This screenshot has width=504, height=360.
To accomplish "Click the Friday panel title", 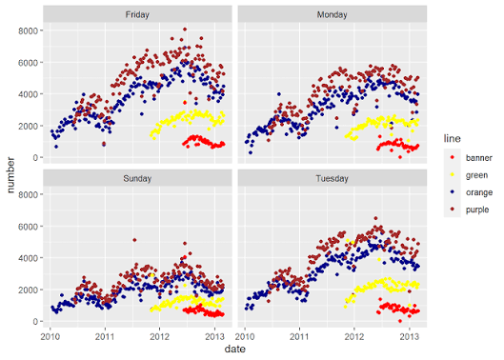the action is coord(137,15).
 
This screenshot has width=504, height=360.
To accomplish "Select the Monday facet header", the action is coord(333,15).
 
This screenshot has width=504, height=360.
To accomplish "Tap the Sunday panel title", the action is coord(137,178).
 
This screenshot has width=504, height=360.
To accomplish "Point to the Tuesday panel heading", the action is coord(333,178).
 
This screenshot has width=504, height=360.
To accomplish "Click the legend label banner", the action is coord(479,158).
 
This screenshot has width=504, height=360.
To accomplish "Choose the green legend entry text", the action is coord(476,175).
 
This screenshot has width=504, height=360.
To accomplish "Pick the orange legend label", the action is coord(479,192).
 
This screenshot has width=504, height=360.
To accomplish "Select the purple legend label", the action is coord(477,210).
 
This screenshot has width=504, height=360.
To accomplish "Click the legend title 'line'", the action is coord(452,138).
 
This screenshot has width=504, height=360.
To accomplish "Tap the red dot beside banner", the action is coord(453,157).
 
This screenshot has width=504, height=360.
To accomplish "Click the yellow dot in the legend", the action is coord(453,174).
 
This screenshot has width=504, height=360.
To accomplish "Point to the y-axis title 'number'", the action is coord(10,175).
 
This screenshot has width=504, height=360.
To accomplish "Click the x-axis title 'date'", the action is coord(235,350).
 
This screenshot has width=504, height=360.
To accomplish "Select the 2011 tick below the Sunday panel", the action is coord(105,336).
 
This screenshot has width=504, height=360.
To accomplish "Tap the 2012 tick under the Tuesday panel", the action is coord(354,336).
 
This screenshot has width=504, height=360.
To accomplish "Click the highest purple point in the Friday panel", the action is coord(185,30).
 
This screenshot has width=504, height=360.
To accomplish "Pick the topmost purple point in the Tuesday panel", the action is coord(375,218).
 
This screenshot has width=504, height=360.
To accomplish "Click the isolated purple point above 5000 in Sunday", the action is coord(134,240).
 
